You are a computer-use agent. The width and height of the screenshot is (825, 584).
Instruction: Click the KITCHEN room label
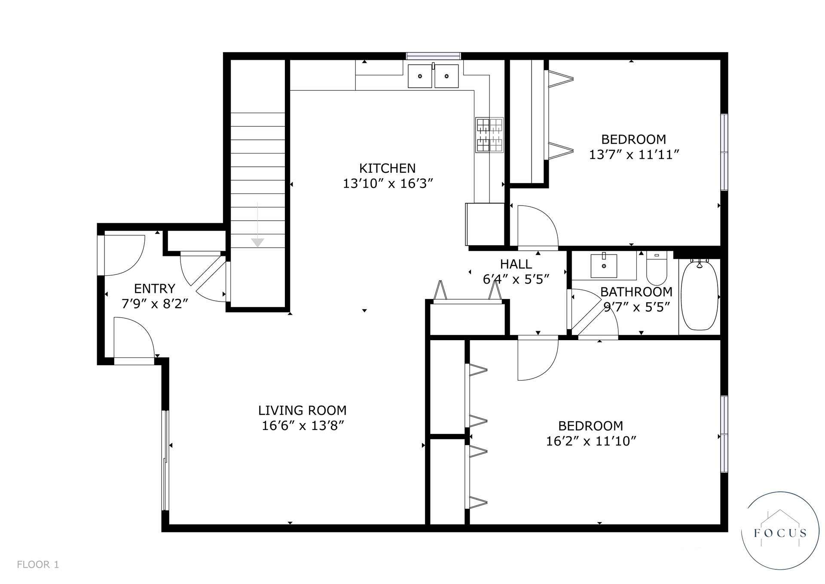click(x=387, y=168)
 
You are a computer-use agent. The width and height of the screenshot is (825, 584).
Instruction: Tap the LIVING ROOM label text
click(x=302, y=410)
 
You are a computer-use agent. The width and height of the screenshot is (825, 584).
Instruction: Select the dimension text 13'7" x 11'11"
click(x=634, y=154)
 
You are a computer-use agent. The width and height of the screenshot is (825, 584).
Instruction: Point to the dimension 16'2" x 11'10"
click(x=591, y=441)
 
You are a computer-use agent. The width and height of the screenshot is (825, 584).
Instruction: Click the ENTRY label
click(x=155, y=288)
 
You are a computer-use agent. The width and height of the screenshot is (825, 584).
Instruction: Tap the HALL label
click(x=516, y=264)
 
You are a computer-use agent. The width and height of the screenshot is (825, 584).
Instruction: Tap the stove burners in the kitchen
click(x=489, y=135)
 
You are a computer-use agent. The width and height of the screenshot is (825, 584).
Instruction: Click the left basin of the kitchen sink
click(x=420, y=76)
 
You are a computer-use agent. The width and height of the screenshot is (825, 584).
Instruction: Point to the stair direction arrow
click(x=257, y=224)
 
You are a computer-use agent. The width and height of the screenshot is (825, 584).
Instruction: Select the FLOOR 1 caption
click(x=38, y=565)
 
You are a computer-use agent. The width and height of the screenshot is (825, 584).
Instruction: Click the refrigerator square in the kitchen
click(x=485, y=224)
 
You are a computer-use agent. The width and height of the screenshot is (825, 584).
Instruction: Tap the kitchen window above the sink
click(x=434, y=56)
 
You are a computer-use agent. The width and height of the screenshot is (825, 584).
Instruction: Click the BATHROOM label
click(x=636, y=292)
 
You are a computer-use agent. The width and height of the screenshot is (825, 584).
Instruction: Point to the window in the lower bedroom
click(x=724, y=434)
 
